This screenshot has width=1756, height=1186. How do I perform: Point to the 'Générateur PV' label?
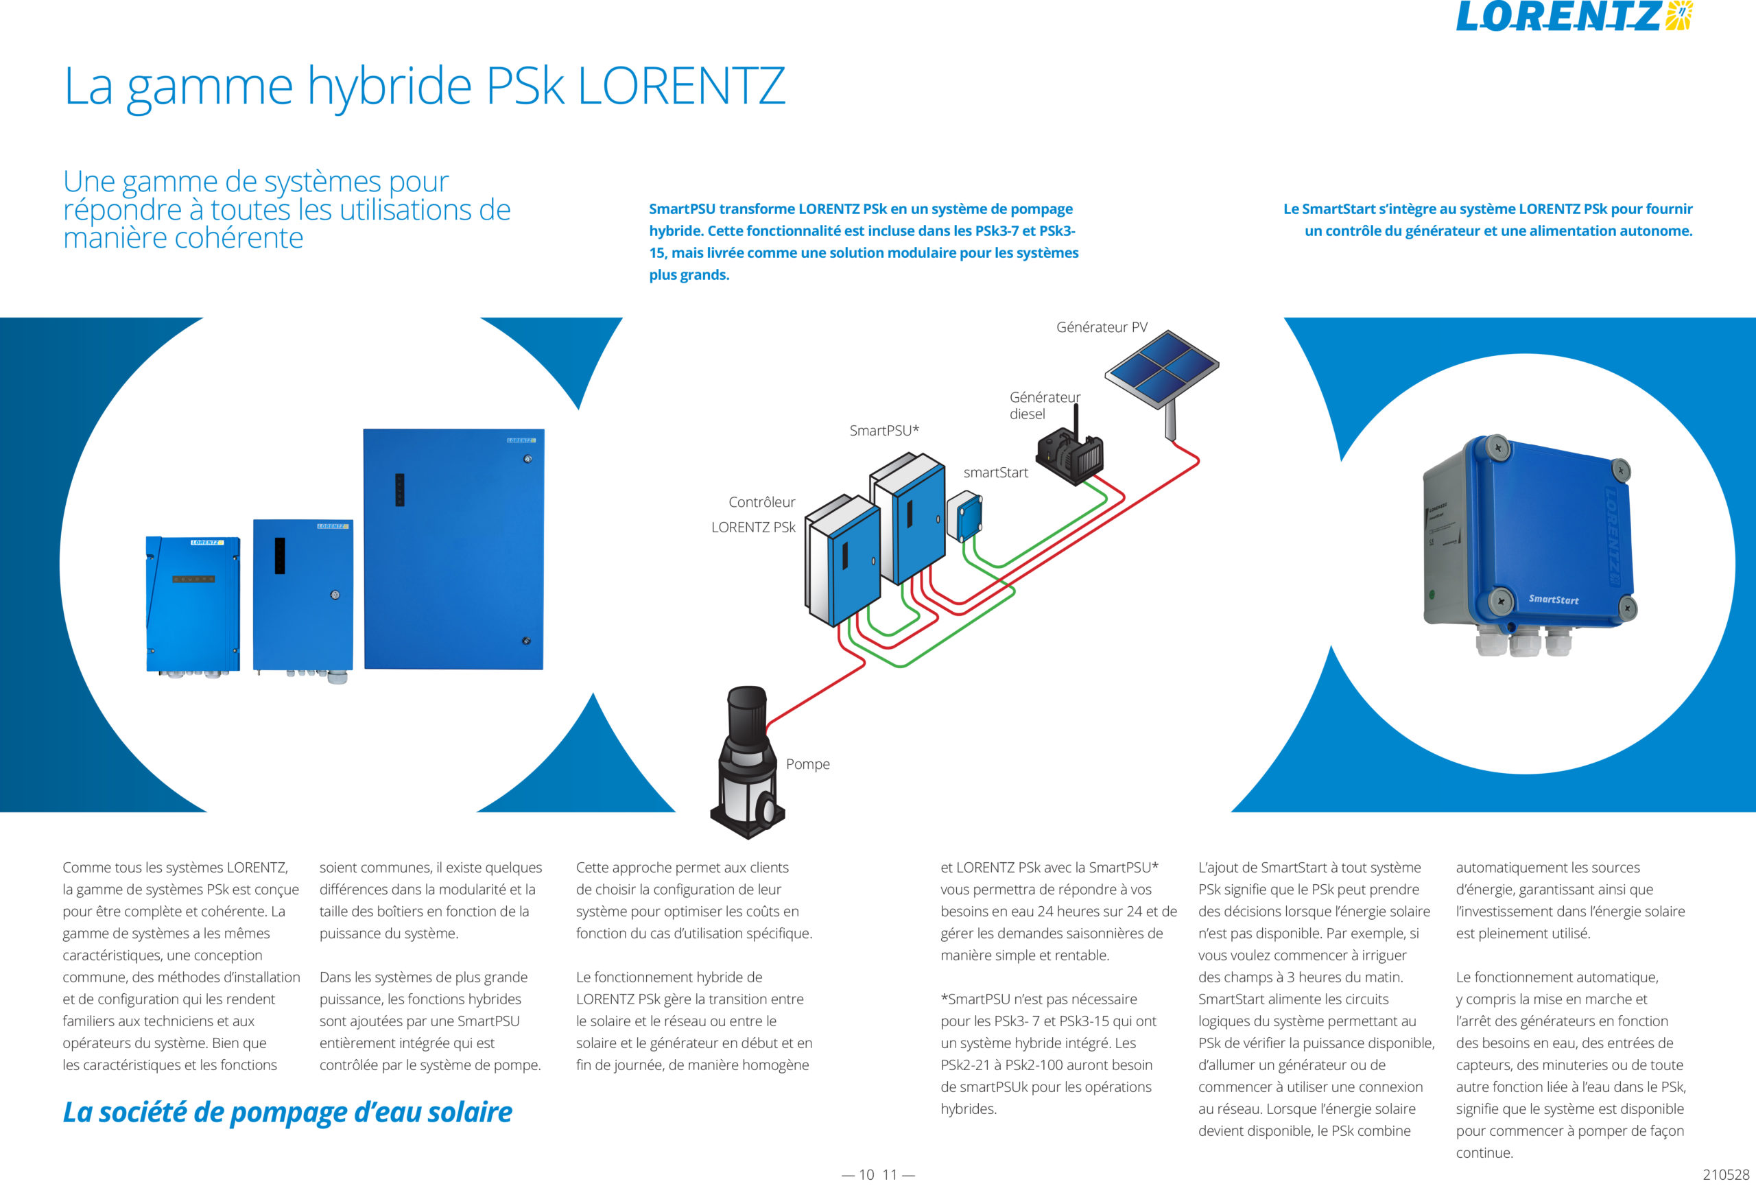[1102, 327]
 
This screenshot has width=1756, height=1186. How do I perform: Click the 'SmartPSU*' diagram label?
[884, 431]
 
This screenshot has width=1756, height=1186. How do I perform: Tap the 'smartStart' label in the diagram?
[995, 472]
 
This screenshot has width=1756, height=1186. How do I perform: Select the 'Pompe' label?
[808, 763]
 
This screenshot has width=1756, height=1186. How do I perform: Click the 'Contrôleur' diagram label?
[761, 502]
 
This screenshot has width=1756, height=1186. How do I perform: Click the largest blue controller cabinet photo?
[453, 549]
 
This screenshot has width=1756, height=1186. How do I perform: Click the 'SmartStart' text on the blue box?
[1554, 599]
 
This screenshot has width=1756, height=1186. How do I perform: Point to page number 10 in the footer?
[866, 1174]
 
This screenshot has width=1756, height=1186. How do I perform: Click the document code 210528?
[1726, 1174]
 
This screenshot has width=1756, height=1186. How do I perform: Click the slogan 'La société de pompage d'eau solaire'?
[287, 1112]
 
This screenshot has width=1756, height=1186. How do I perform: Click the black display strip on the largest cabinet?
[400, 490]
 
